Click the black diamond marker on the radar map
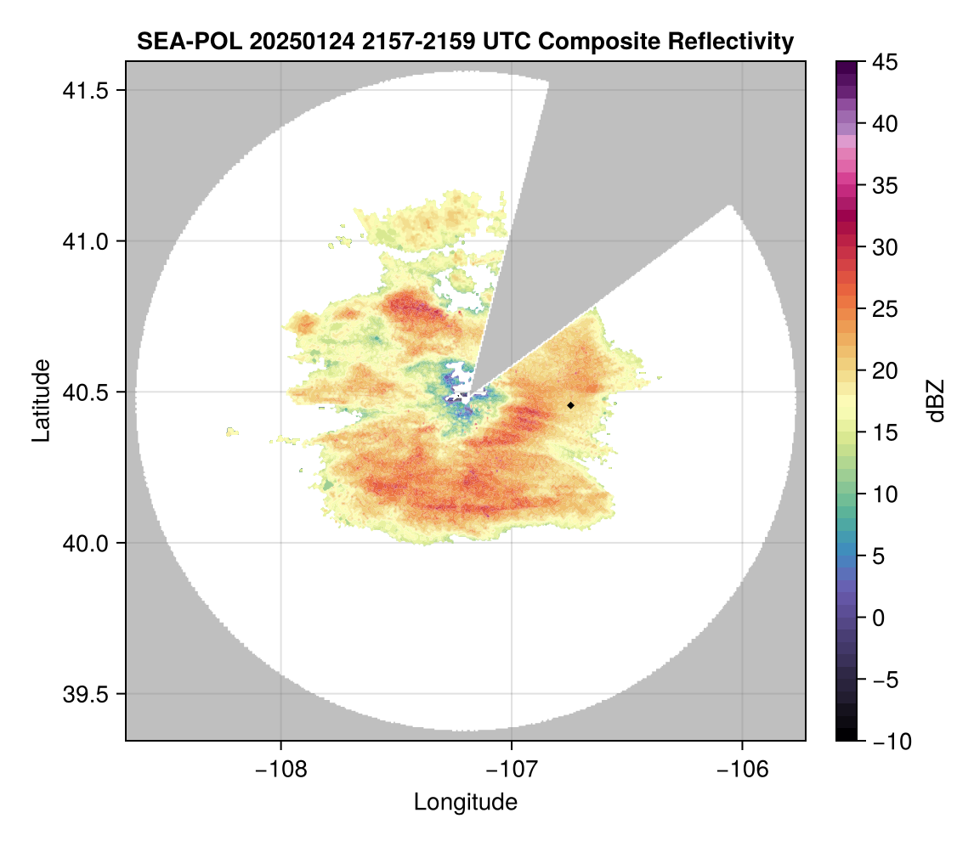coord(570,405)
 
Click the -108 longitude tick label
coord(280,769)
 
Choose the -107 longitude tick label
coord(512,769)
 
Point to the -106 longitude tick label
coord(743,769)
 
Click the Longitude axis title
coord(466,802)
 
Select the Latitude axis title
coord(41,400)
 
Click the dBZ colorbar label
coord(936,400)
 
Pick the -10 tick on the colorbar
coord(888,741)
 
